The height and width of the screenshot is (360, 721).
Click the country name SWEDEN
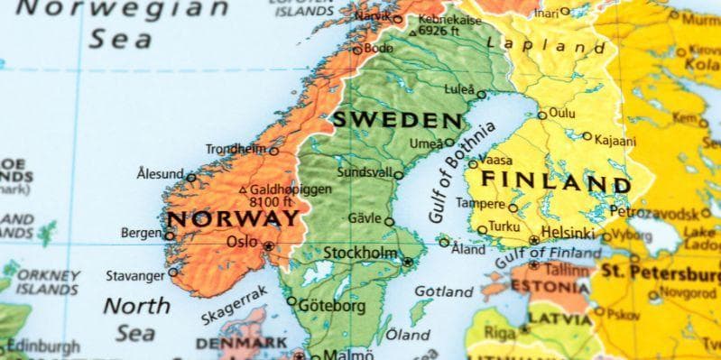[x=397, y=119]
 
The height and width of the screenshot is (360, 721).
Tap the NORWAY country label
[x=233, y=219]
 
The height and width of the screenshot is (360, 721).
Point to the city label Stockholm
[x=360, y=253]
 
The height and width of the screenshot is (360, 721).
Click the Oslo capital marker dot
[x=268, y=245]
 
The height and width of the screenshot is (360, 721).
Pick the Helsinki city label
[x=569, y=232]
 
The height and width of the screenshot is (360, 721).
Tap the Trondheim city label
[x=236, y=149]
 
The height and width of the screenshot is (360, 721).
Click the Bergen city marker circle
[x=170, y=235]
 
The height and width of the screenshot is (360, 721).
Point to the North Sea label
[x=137, y=318]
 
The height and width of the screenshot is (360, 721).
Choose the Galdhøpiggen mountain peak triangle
[x=243, y=190]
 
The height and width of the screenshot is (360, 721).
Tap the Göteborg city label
[x=332, y=306]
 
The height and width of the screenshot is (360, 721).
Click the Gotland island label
[x=443, y=291]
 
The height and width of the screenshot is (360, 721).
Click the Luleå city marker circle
[x=481, y=95]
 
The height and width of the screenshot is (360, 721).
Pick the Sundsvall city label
[x=364, y=172]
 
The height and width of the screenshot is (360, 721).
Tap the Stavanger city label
[x=135, y=274]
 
